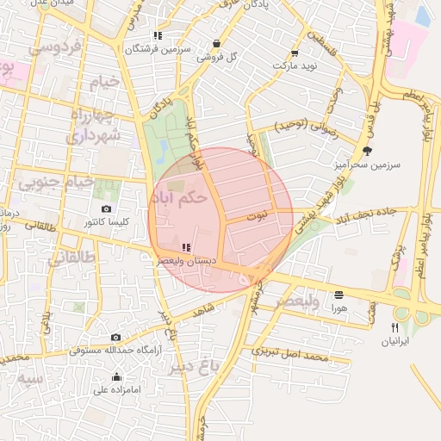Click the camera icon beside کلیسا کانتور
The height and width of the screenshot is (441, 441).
[x=106, y=209]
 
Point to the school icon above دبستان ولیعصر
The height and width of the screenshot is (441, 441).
[x=186, y=247]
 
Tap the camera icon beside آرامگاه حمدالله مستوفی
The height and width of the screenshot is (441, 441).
[x=115, y=337]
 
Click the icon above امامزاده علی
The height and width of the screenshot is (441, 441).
[x=117, y=377]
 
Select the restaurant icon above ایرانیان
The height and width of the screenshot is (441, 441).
[x=395, y=328]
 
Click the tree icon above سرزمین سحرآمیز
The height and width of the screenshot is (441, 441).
[x=368, y=151]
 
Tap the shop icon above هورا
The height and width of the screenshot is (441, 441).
[x=339, y=294]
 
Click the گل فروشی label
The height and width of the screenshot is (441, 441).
[x=216, y=57]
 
